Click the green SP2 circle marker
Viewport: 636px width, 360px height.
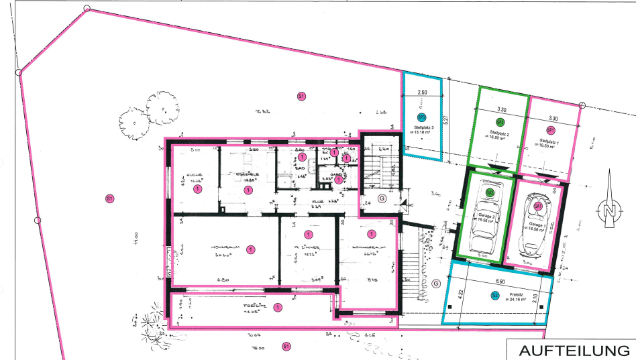click(500, 121)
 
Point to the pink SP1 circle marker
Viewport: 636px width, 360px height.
click(550, 129)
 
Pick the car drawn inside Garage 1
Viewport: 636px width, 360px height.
click(537, 222)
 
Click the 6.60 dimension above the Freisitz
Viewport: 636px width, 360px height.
click(500, 282)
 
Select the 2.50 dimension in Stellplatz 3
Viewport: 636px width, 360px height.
click(423, 92)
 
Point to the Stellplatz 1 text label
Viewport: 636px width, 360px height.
click(550, 141)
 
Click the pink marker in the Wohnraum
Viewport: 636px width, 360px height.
click(250, 249)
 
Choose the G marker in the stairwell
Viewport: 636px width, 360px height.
click(382, 198)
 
